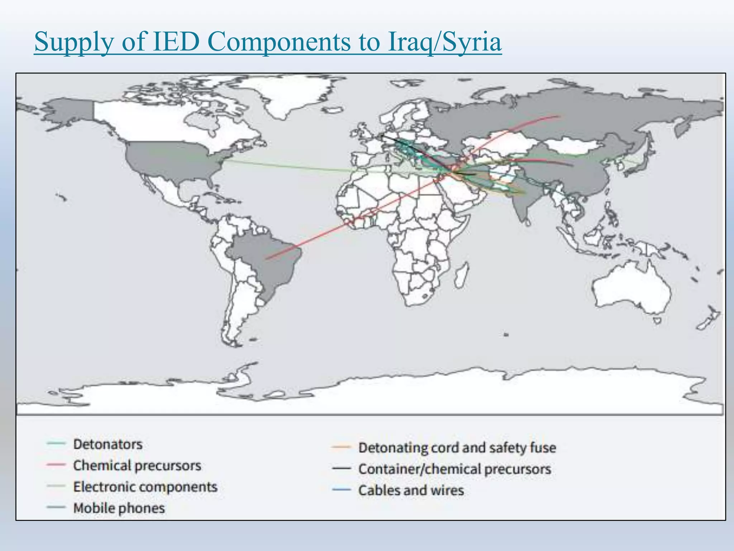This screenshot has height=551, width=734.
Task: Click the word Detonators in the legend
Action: point(108,444)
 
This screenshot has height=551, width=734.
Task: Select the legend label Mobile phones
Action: point(119,508)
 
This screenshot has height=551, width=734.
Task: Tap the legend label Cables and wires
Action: point(411,490)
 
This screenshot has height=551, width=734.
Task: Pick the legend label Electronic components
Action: point(145,487)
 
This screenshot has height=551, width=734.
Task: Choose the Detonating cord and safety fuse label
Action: point(457,448)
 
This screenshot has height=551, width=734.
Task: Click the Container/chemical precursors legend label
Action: point(455,469)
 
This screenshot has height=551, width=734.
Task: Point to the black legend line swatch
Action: point(341,468)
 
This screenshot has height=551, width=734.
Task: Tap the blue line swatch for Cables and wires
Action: point(341,490)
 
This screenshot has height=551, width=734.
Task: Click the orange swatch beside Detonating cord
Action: point(341,447)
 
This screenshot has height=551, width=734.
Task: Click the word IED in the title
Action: point(176,42)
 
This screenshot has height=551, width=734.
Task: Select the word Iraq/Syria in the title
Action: point(444,42)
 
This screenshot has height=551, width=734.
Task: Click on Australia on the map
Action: point(631,291)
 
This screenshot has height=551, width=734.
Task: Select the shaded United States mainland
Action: point(172,161)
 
